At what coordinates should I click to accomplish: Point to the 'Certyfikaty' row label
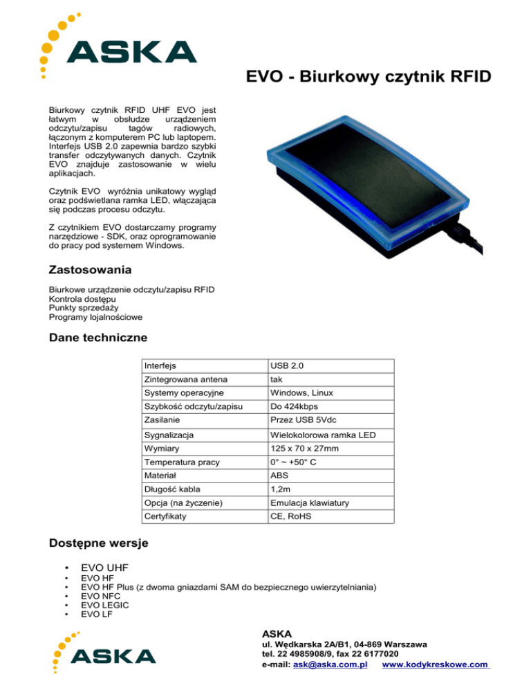pos(167,516)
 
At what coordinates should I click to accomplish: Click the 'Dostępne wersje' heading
pos(99,543)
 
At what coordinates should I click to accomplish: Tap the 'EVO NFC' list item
pos(98,595)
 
